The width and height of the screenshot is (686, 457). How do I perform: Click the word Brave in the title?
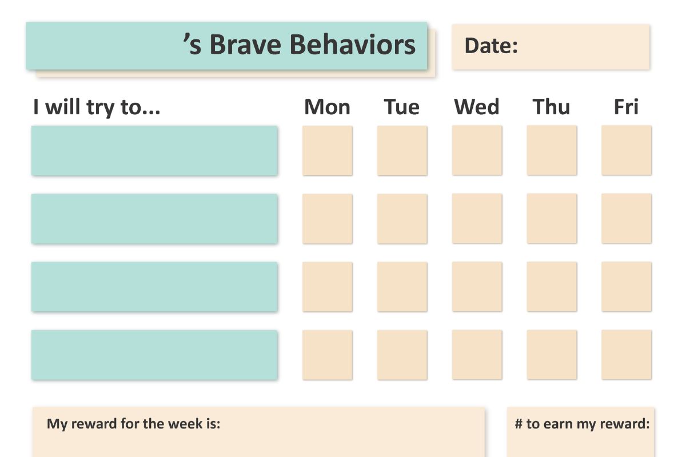(x=245, y=45)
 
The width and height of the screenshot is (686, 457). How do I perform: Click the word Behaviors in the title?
(x=353, y=45)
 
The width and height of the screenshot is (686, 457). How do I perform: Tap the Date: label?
(x=491, y=46)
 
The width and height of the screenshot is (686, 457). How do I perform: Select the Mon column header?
(x=327, y=107)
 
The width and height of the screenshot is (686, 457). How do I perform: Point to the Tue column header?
(x=401, y=107)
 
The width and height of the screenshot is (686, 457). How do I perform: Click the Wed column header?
(x=477, y=107)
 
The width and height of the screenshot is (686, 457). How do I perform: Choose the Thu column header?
(x=551, y=107)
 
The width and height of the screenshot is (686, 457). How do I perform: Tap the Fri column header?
(x=627, y=107)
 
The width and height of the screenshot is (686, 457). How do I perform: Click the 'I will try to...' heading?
(x=97, y=108)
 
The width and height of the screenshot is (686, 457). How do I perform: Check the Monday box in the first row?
(x=328, y=151)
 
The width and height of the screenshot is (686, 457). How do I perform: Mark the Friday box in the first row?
(x=627, y=150)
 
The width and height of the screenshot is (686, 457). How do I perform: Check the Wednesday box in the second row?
(x=477, y=219)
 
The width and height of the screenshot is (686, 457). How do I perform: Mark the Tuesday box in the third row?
(x=402, y=287)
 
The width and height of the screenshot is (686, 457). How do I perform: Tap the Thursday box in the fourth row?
(x=552, y=355)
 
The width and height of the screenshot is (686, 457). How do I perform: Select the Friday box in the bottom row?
(x=627, y=355)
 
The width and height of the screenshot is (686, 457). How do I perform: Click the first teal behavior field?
(x=154, y=151)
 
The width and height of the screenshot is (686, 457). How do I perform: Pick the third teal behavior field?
(x=154, y=287)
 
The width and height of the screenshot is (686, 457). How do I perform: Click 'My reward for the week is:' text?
(x=134, y=424)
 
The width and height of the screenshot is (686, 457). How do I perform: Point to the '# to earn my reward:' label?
(x=582, y=424)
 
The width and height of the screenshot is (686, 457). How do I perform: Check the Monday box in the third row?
(x=328, y=287)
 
